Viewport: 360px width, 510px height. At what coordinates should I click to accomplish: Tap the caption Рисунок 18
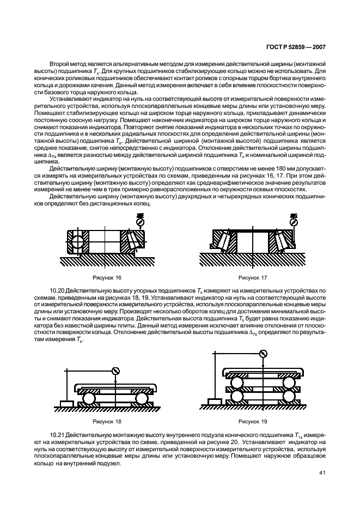[107, 422]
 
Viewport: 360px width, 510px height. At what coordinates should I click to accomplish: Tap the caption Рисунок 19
[253, 422]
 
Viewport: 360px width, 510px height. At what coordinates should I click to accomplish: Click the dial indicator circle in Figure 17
[294, 222]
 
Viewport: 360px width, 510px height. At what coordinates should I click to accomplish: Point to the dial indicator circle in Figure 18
[115, 371]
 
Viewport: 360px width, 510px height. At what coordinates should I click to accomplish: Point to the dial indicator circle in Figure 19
[264, 354]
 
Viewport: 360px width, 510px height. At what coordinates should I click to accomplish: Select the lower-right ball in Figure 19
[290, 398]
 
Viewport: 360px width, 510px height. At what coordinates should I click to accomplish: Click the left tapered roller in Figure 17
[225, 240]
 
